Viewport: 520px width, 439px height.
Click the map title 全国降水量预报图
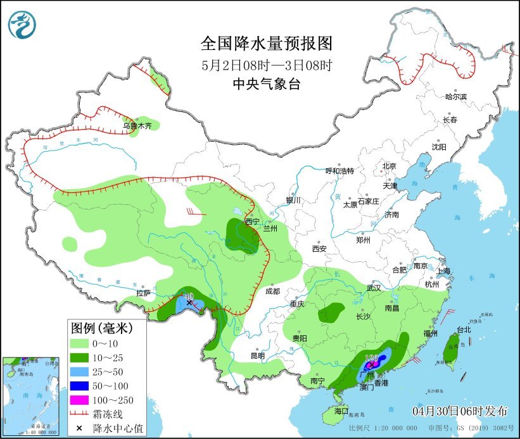coord(266,44)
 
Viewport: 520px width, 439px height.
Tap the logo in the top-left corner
coord(22,25)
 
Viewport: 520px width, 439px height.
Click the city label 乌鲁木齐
coord(137,126)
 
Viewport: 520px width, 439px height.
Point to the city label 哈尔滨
coord(455,97)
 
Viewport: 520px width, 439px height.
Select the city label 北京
coord(389,166)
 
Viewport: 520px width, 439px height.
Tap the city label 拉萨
coord(143,293)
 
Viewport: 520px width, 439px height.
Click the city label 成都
coord(272,291)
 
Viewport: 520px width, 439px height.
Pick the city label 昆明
coord(257,356)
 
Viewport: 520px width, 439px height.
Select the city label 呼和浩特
coord(339,171)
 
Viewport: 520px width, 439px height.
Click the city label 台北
coord(464,330)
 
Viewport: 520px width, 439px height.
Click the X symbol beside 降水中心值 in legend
coord(81,428)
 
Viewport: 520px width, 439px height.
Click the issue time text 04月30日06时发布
coord(460,411)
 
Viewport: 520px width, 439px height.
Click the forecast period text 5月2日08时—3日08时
coord(266,65)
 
